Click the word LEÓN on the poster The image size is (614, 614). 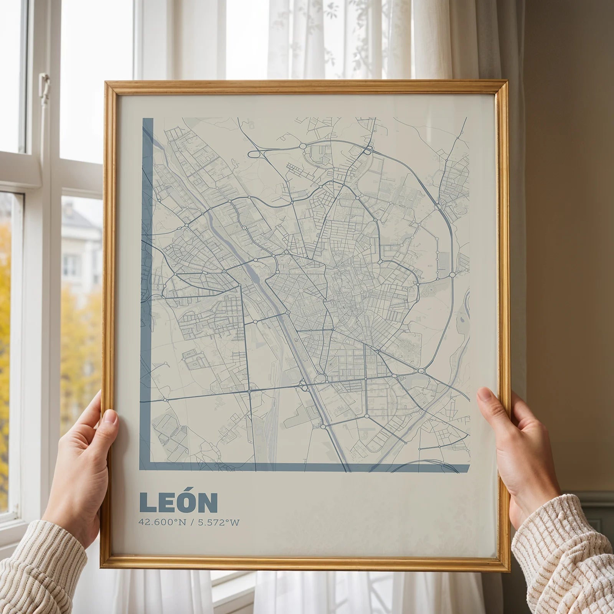point(178,503)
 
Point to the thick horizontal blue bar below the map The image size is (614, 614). point(307,467)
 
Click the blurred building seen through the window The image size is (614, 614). point(79,246)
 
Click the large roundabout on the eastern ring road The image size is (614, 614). point(451,275)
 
